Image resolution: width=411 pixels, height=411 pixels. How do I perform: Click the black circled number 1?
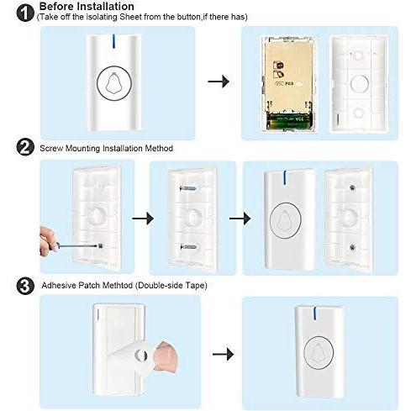point(25,13)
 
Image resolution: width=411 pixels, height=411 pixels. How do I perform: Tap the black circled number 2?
point(25,147)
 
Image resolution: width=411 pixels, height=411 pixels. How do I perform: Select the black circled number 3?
point(25,286)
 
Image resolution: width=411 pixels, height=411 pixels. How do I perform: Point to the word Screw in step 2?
point(51,148)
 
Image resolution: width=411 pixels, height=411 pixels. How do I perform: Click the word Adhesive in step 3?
point(59,285)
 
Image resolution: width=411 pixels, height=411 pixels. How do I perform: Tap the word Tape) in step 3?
point(197,286)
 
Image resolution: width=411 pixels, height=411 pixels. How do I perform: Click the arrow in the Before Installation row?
point(219,82)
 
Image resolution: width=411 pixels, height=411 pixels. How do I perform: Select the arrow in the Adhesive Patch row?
point(223,355)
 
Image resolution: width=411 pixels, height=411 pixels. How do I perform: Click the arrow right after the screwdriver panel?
point(143,219)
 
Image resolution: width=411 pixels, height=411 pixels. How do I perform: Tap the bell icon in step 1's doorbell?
point(113,83)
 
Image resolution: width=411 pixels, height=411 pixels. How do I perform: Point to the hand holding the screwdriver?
point(48,241)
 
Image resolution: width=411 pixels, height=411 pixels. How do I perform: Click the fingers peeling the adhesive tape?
point(166,356)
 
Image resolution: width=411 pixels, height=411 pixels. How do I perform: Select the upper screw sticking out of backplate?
point(189,188)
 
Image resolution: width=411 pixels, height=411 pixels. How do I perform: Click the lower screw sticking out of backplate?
point(189,247)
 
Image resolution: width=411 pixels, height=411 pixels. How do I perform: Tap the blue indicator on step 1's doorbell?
point(113,41)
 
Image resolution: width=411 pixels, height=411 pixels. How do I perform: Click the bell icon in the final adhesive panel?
point(319,353)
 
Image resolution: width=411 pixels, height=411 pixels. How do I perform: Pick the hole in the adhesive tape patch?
point(140,356)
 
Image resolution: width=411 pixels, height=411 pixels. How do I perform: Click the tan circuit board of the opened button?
point(288,76)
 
